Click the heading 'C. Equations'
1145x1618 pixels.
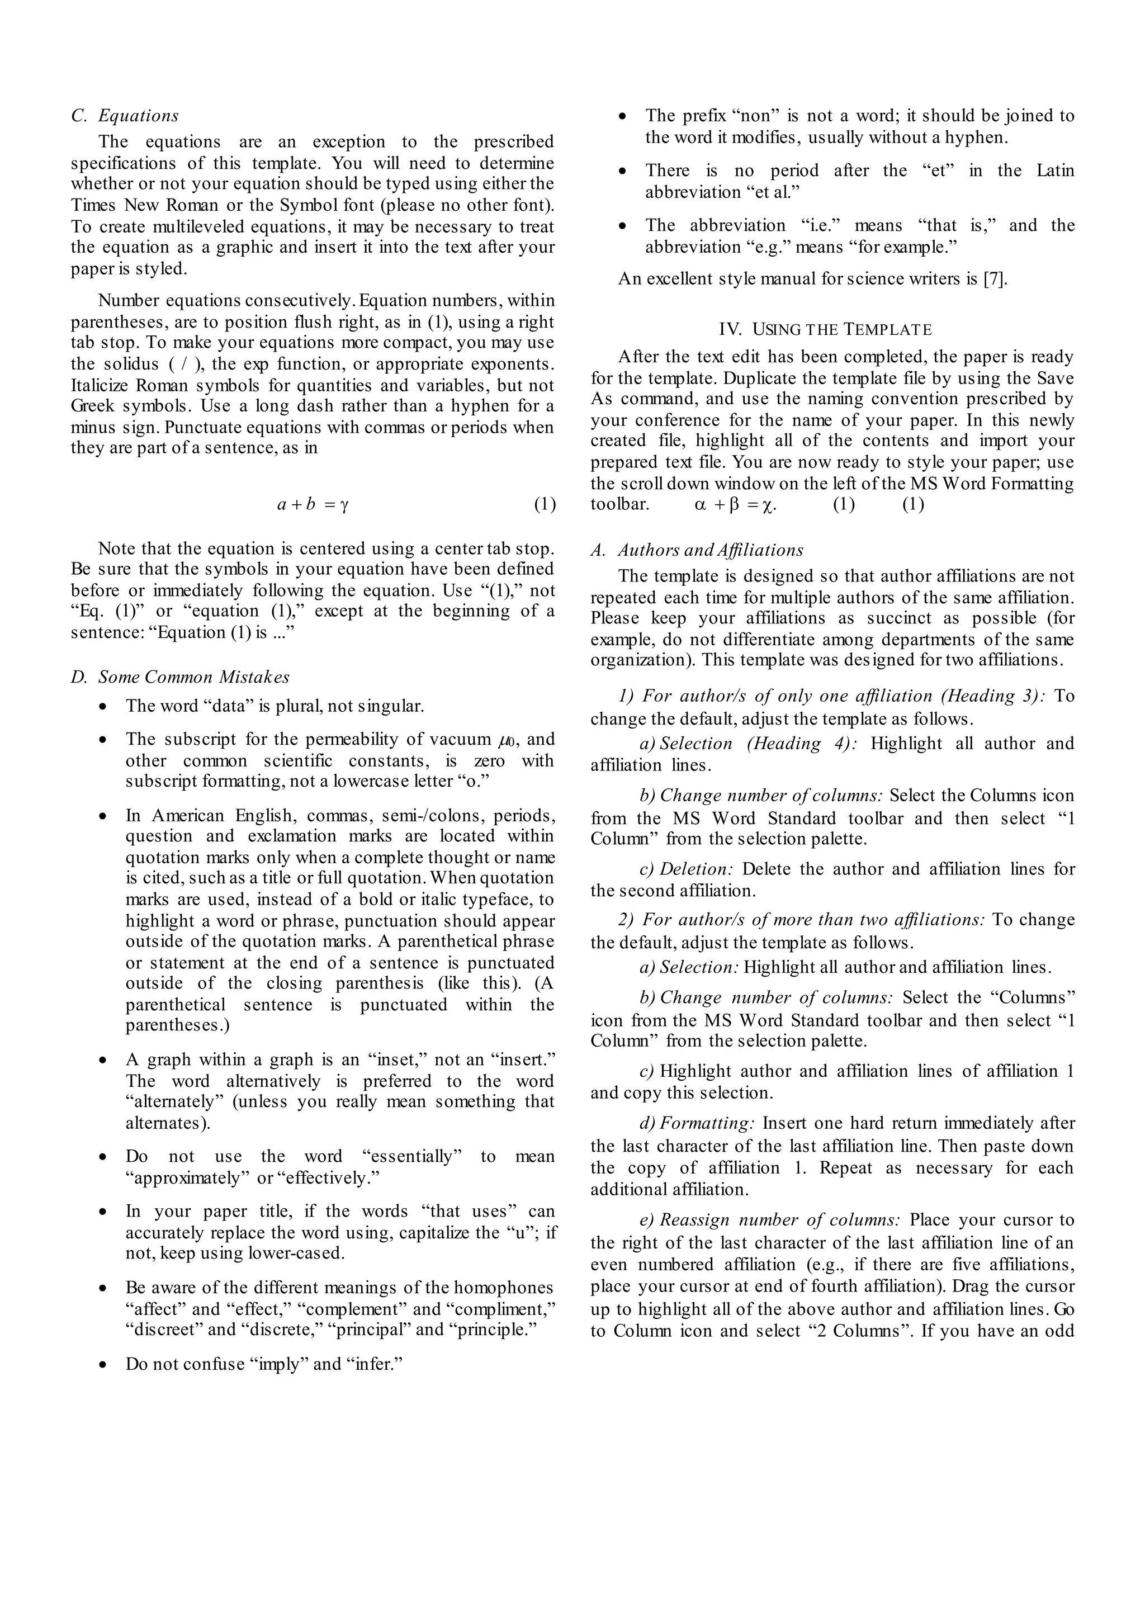(125, 116)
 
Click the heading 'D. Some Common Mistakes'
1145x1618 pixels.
(180, 677)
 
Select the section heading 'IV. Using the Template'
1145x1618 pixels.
(825, 329)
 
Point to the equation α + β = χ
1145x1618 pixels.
(735, 505)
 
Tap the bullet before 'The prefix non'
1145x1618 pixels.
(623, 116)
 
